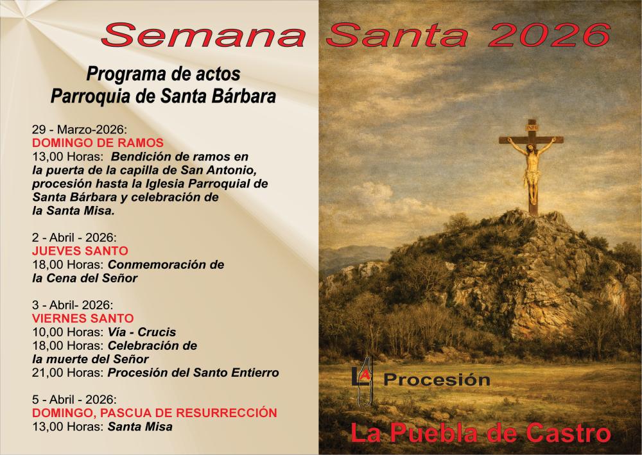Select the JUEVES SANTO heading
tap(80, 250)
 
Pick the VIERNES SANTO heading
tap(83, 318)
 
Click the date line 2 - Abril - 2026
tap(73, 237)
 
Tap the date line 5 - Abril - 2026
tap(73, 399)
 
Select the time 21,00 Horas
tap(67, 373)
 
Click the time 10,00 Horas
tap(67, 332)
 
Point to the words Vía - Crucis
tap(142, 332)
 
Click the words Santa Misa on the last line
tap(140, 426)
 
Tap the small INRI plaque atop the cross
tap(532, 127)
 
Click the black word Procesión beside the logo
tap(437, 380)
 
